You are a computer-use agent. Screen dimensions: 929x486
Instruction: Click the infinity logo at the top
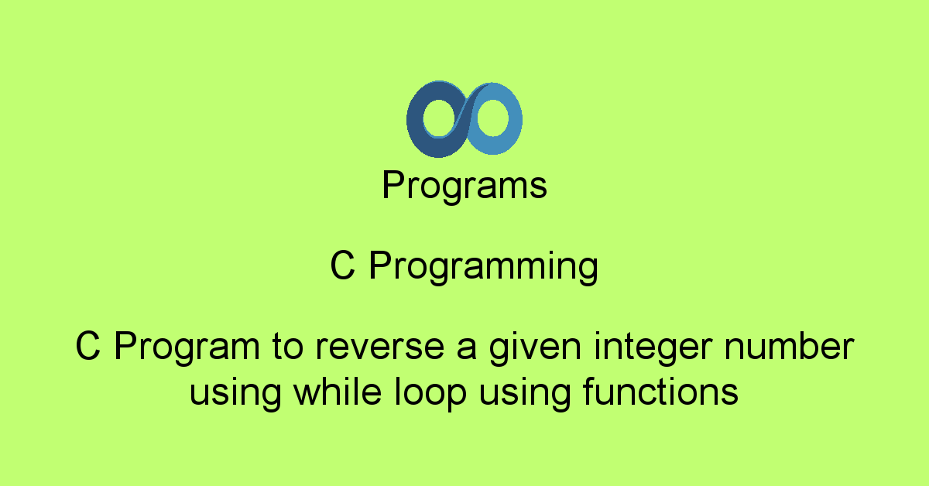click(464, 119)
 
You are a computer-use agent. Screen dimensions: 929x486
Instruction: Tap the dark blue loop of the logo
click(415, 120)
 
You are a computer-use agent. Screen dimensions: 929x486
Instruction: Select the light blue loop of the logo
click(514, 120)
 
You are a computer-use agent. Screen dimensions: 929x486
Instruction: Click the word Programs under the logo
click(464, 186)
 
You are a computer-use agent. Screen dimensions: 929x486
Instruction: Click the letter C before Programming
click(342, 265)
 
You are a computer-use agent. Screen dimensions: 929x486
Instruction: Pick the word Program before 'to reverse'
click(187, 347)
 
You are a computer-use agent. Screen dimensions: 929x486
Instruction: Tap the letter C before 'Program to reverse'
click(88, 346)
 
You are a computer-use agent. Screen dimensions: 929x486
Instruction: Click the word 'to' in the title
click(287, 347)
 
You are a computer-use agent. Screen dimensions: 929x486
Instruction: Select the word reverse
click(380, 348)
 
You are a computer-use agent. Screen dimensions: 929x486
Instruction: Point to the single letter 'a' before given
click(467, 349)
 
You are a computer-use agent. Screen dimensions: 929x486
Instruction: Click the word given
click(535, 347)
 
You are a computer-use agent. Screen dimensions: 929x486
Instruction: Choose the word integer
click(653, 347)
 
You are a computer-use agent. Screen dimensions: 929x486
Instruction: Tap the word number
click(789, 346)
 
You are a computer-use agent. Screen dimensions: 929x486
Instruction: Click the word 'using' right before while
click(235, 393)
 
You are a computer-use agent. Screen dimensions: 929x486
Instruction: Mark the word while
click(338, 392)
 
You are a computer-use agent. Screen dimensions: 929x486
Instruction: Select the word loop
click(430, 393)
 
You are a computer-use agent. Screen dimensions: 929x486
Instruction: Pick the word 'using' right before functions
click(525, 393)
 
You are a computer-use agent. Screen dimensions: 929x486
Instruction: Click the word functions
click(660, 392)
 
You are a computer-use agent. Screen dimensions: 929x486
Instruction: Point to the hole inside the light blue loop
click(492, 118)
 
